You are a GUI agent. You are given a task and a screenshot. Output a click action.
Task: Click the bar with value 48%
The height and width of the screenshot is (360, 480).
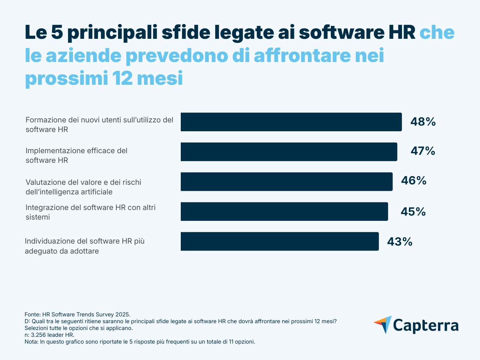pyautogui.click(x=291, y=122)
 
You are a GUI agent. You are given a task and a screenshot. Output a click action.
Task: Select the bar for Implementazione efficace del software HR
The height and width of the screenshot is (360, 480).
pyautogui.click(x=289, y=152)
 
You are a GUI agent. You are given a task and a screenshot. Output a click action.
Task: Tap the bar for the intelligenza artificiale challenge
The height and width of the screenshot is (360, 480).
pyautogui.click(x=286, y=182)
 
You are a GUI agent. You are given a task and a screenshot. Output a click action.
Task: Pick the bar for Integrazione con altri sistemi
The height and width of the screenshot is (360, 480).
pyautogui.click(x=284, y=212)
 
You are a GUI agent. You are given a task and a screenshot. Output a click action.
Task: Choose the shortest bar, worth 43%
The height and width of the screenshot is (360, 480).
pyautogui.click(x=280, y=241)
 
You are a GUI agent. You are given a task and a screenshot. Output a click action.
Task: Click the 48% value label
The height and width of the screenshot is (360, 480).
pyautogui.click(x=423, y=122)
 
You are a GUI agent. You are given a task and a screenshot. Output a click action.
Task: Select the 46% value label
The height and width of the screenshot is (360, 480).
pyautogui.click(x=414, y=181)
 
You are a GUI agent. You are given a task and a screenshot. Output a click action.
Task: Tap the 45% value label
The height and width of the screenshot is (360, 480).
pyautogui.click(x=413, y=211)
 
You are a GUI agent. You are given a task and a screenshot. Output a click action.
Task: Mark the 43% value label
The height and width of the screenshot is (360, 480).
pyautogui.click(x=400, y=242)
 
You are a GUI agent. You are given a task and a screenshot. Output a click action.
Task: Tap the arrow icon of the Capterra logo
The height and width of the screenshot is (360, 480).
pyautogui.click(x=383, y=324)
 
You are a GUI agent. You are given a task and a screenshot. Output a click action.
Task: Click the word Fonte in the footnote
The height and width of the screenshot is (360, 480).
pyautogui.click(x=32, y=314)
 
